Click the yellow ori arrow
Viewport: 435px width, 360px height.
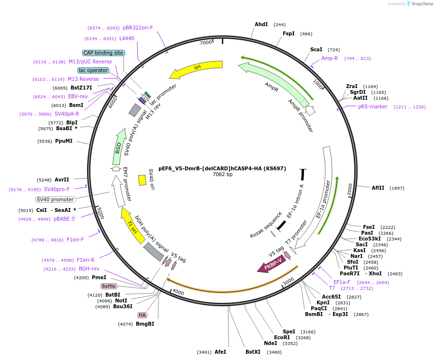pos(196,69)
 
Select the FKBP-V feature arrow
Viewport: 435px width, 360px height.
pos(272,264)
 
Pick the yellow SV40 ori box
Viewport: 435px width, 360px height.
pos(142,180)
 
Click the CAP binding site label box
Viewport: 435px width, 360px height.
pos(103,53)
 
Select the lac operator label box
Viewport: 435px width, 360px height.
pos(93,70)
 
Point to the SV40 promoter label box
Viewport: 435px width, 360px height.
pos(56,199)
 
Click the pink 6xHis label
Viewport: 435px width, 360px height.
pos(108,286)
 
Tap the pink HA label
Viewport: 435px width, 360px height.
pos(142,315)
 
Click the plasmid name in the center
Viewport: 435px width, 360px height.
pos(222,168)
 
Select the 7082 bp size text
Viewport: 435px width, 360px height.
pos(222,175)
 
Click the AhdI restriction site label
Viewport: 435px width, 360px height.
pos(261,25)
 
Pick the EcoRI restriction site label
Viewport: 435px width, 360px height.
pos(282,337)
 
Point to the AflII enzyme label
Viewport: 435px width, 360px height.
pos(378,188)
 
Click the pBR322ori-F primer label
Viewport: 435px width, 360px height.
pos(138,28)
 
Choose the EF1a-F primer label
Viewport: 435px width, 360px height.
pos(342,282)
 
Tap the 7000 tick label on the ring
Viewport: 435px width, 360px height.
pos(206,43)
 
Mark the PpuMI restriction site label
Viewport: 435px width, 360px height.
pos(64,141)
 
